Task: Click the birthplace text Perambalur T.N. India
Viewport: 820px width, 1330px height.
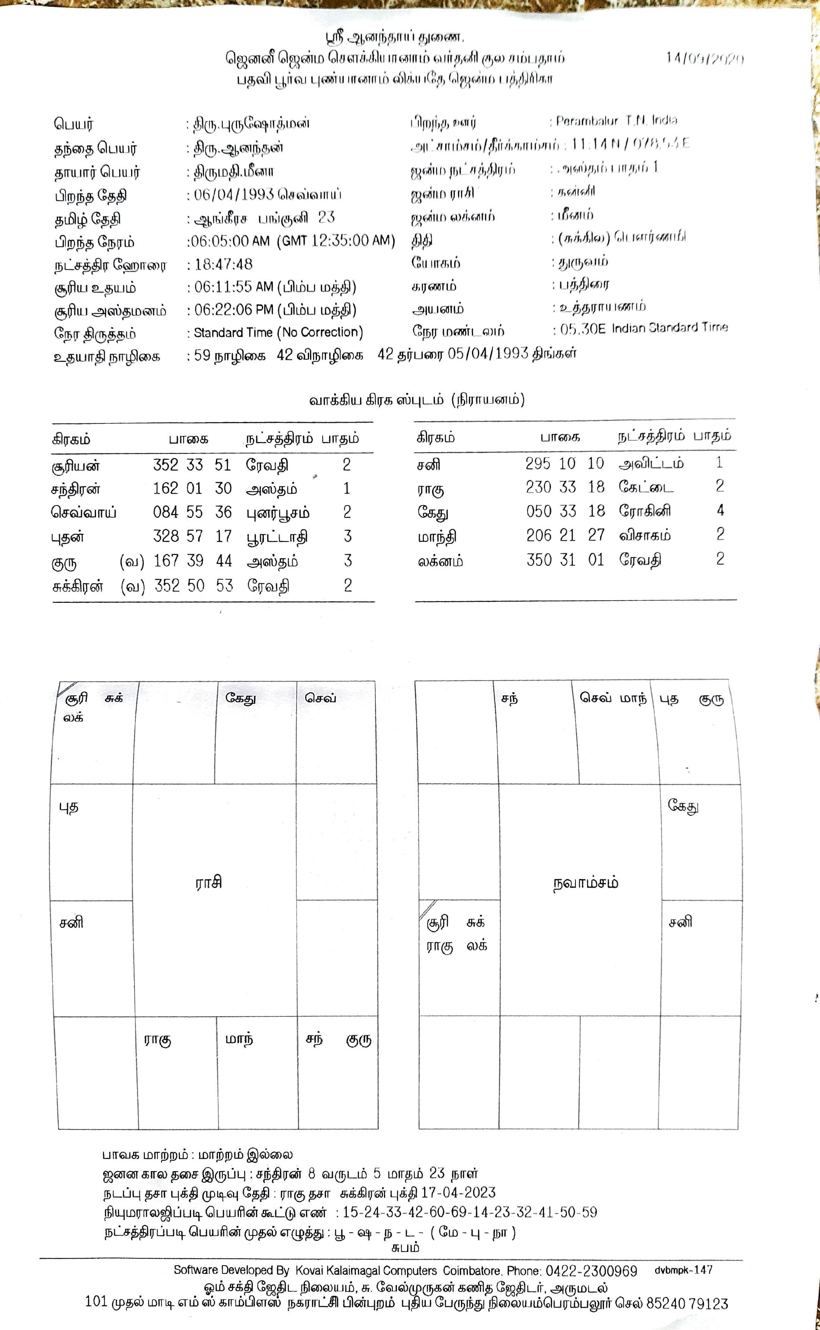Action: (x=617, y=121)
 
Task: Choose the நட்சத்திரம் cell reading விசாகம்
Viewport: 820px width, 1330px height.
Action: (x=645, y=536)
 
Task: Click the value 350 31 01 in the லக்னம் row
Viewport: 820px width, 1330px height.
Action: (x=565, y=560)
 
